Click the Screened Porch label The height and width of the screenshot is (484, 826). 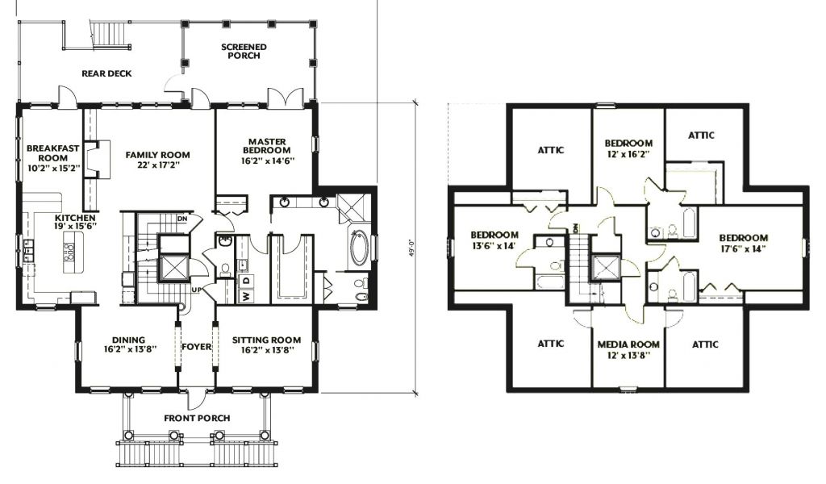pos(244,51)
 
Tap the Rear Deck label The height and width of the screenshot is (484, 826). pos(106,73)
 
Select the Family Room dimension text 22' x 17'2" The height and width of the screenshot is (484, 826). pos(157,165)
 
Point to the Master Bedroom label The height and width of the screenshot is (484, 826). pos(268,146)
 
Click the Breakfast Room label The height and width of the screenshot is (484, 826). pos(52,153)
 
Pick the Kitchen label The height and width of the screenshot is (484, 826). pos(76,218)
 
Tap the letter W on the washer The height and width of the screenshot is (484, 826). pos(246,297)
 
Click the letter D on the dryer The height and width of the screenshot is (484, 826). pos(246,280)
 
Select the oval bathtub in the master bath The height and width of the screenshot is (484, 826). pos(360,247)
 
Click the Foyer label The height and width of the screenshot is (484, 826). pos(197,347)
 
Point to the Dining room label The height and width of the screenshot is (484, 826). pos(128,340)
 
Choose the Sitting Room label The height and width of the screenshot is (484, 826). pos(266,340)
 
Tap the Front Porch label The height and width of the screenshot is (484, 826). pos(197,418)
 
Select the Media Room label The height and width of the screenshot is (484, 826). pos(628,344)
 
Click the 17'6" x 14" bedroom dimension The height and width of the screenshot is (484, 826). pos(744,249)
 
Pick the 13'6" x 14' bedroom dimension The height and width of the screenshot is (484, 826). pos(494,245)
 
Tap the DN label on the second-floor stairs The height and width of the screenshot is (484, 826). pos(576,228)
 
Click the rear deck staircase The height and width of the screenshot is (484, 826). pos(111,35)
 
